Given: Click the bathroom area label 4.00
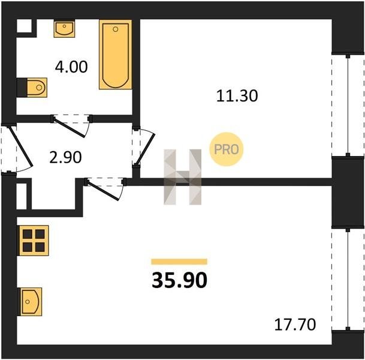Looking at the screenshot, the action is [x=71, y=67].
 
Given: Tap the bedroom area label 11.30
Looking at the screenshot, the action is [x=237, y=96].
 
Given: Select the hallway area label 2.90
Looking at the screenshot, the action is [x=65, y=157].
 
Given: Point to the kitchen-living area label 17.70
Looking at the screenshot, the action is [x=295, y=325].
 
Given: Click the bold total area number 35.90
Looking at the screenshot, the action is [x=179, y=280].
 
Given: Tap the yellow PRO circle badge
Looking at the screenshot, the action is [x=227, y=149].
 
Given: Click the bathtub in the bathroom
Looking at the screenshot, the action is [x=116, y=54].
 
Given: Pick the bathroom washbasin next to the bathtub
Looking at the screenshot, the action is [x=64, y=29].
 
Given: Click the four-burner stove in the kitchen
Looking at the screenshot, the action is [x=34, y=240].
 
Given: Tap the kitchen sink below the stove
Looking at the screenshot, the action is [x=31, y=302].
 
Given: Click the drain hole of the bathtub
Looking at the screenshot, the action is [x=116, y=29].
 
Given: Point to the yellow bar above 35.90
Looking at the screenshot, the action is [x=179, y=262].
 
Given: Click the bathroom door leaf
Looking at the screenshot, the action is [x=69, y=128].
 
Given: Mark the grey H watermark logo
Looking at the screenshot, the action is [x=182, y=177].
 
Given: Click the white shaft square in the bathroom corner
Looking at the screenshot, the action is [x=24, y=26].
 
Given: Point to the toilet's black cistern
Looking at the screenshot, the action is [x=22, y=88].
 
